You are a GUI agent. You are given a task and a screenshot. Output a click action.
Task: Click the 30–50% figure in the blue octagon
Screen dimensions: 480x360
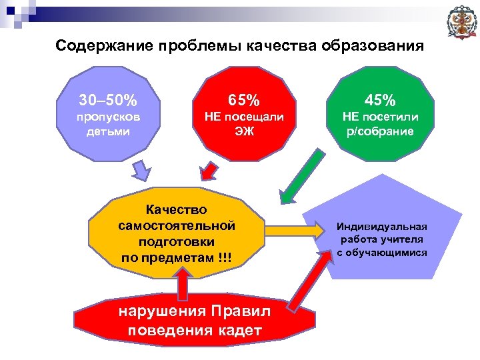(x=108, y=101)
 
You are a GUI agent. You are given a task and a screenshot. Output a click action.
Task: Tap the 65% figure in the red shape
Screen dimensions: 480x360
(x=244, y=101)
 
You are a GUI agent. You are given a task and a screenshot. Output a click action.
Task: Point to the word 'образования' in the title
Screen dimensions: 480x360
(x=373, y=46)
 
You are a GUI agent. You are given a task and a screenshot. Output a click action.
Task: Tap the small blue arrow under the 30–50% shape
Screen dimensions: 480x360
(x=140, y=171)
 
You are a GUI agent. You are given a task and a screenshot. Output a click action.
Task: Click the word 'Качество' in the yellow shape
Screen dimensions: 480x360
(x=177, y=211)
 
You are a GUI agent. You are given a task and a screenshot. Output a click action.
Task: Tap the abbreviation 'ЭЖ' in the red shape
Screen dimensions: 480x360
(x=244, y=131)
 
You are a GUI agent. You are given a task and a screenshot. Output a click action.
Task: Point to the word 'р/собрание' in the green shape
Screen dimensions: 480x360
(x=379, y=131)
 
